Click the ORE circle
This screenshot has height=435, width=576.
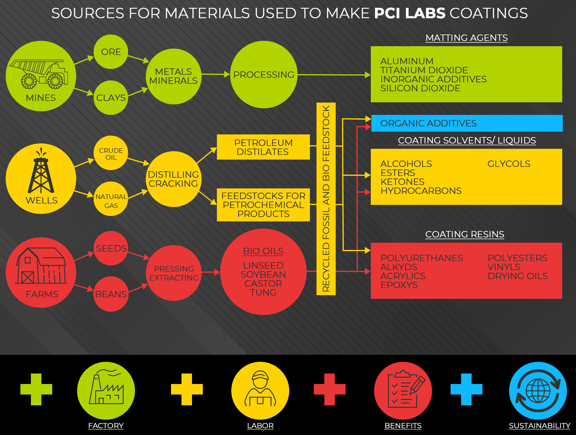(111, 52)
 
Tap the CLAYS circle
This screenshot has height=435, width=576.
(111, 97)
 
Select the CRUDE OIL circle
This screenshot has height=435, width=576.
(111, 153)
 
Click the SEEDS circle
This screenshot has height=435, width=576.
(111, 248)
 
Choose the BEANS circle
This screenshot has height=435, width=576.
(111, 294)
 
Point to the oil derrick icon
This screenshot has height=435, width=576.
(41, 172)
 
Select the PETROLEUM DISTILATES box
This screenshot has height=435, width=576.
(263, 147)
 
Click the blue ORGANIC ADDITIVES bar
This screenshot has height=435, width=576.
(466, 123)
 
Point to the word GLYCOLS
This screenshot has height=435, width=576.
(508, 164)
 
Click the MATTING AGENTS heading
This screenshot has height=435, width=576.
(466, 38)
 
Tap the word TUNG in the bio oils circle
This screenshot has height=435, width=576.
(263, 292)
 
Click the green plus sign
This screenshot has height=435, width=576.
(36, 389)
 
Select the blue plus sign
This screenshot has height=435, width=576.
(466, 389)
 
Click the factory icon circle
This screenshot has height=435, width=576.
(106, 391)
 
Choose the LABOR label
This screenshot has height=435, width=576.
(260, 426)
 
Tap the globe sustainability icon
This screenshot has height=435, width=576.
(538, 391)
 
